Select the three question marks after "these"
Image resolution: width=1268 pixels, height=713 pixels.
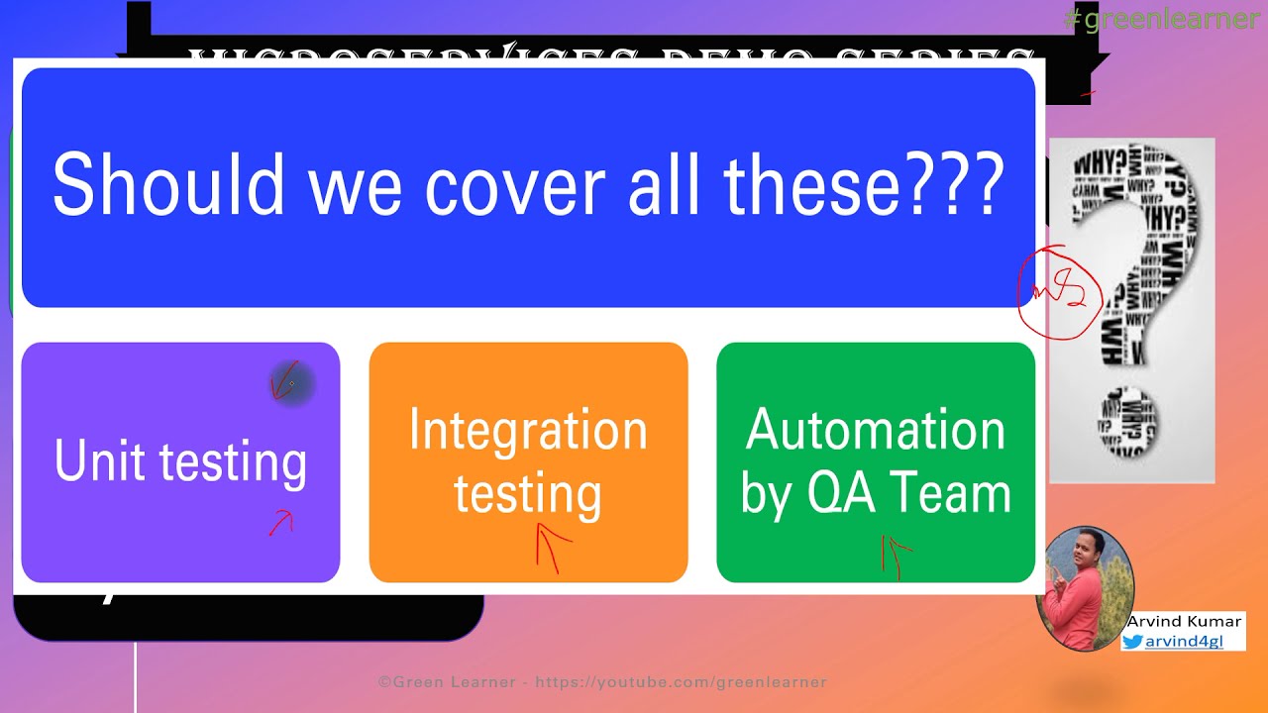point(963,184)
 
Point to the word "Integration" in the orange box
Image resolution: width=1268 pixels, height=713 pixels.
point(528,432)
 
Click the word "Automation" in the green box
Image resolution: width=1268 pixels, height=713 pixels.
point(876,431)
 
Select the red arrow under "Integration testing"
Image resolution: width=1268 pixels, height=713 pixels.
point(551,546)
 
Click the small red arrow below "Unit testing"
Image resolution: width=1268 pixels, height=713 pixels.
point(282,523)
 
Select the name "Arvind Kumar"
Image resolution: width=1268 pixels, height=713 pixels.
point(1184,621)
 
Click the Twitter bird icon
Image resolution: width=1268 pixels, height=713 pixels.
point(1132,641)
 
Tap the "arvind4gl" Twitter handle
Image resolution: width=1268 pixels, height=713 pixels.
point(1184,641)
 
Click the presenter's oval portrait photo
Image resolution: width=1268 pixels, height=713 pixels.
point(1085,587)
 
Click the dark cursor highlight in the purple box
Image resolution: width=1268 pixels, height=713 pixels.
point(291,383)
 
